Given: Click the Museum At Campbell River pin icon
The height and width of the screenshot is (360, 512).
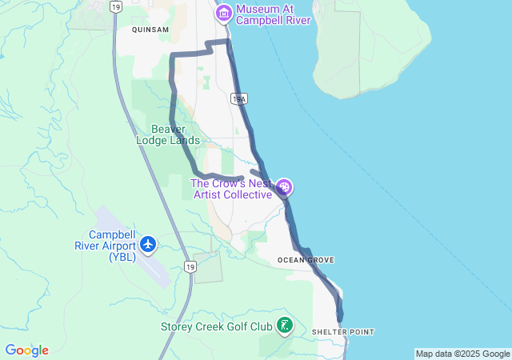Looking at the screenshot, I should pos(223,13).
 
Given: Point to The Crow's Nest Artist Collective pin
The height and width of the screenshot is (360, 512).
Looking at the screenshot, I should pos(285,188).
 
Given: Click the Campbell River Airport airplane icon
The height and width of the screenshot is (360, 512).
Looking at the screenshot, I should pos(147,242).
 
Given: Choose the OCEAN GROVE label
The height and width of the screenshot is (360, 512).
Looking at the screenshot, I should pos(305,260).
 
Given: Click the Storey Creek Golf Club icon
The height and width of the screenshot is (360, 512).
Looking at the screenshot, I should pos(284,325).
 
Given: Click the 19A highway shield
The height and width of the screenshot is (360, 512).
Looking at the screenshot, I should pos(238,99).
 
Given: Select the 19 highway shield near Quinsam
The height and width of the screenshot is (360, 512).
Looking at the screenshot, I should pos(117,7).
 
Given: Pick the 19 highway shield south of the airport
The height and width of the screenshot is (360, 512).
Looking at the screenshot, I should pos(189,267).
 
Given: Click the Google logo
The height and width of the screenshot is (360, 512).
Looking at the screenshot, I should pos(26,350).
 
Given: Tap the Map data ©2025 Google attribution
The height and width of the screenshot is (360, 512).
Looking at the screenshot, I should pos(462,354).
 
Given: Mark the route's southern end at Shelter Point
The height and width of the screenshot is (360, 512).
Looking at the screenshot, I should pos(341,318).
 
